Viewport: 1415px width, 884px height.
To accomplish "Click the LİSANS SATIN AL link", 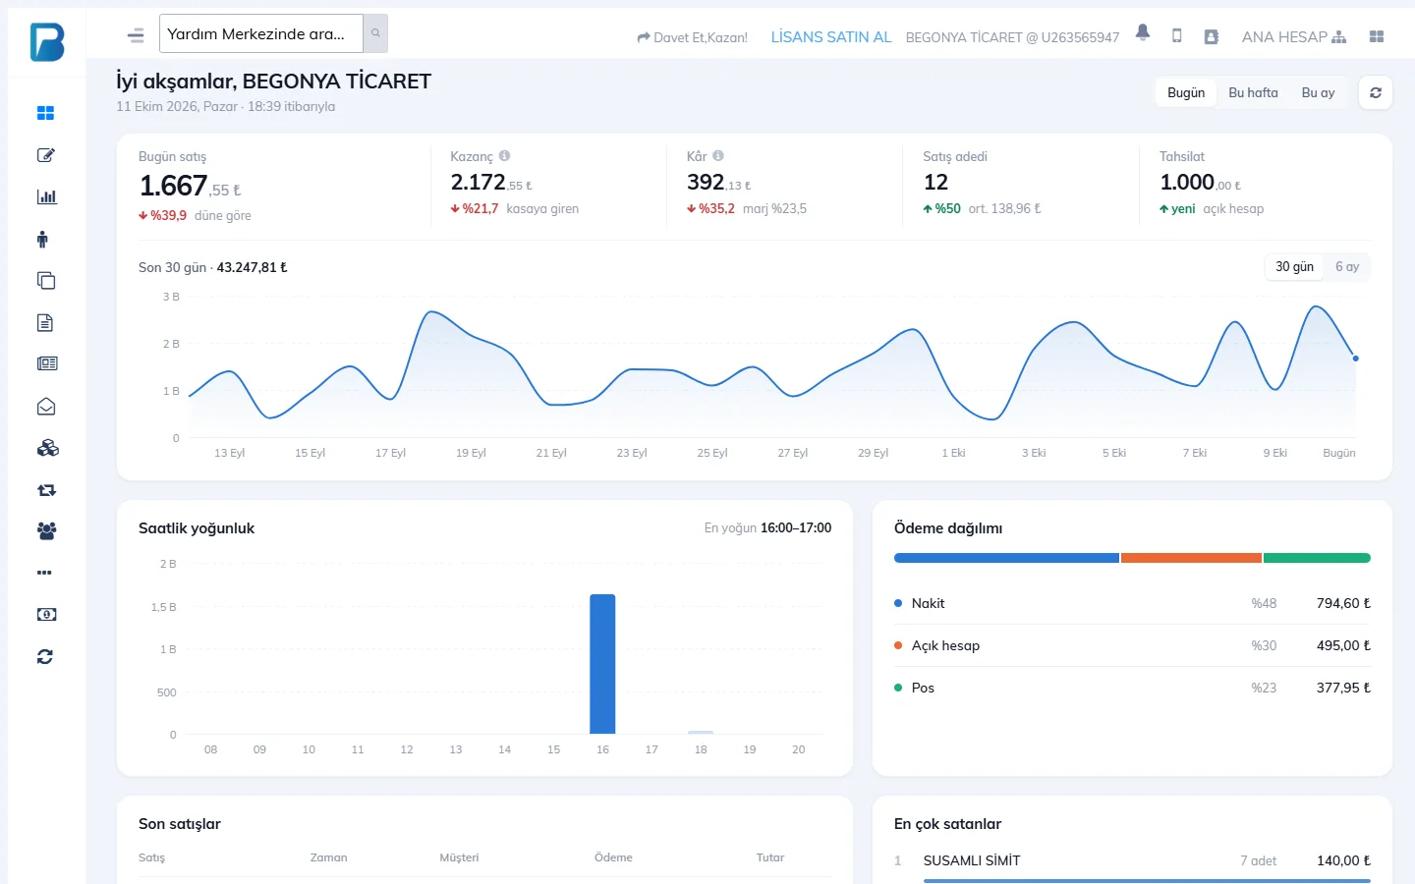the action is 830,37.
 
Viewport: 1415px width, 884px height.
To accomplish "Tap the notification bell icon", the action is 1142,32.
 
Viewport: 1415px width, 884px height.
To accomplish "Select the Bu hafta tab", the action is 1253,92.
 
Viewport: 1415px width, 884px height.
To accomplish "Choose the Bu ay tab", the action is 1318,92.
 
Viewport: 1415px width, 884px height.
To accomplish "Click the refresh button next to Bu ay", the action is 1376,92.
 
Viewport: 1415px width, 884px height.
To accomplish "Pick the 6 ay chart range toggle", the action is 1347,266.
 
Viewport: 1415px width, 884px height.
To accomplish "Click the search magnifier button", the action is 375,32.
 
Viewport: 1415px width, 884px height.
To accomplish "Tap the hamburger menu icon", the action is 136,35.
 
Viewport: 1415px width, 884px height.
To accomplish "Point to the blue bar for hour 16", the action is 602,664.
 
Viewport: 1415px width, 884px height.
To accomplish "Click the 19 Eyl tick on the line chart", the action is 471,453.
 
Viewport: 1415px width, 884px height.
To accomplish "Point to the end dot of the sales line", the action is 1356,358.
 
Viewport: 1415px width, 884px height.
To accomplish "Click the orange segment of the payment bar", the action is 1191,558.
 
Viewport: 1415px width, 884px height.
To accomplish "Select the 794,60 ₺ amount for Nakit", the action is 1343,603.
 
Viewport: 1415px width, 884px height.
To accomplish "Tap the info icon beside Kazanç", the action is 504,155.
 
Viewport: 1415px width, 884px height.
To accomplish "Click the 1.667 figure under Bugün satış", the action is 173,186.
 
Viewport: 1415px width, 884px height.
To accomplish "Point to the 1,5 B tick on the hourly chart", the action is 163,607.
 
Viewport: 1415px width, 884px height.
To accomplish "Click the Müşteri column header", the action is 459,857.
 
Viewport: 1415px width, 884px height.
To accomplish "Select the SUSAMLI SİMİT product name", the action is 972,860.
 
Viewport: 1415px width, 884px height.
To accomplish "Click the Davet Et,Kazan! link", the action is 693,37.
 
